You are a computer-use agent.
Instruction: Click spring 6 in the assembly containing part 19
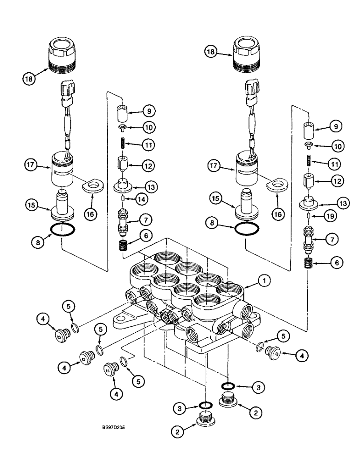click(308, 263)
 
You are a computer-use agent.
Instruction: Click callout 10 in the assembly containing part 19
click(334, 145)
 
